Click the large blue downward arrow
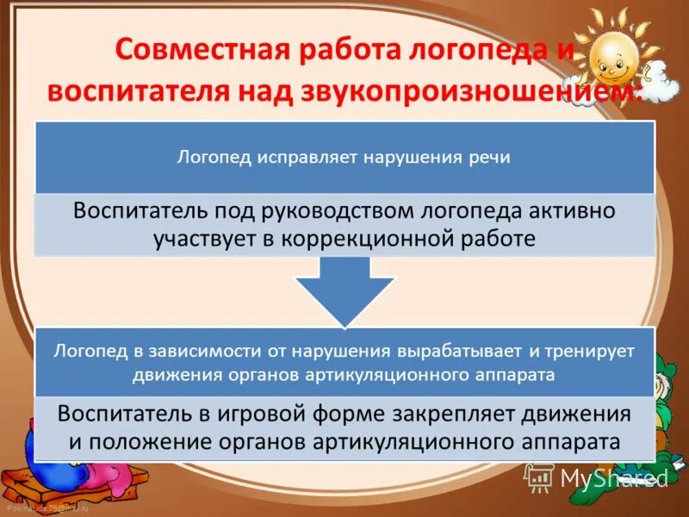pyautogui.click(x=344, y=293)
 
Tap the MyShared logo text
pyautogui.click(x=613, y=477)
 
